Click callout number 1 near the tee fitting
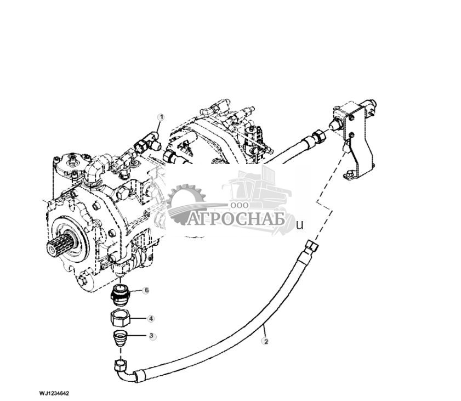coord(161,117)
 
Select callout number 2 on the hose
coord(266,341)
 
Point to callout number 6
coord(146,290)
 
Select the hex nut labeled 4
coord(120,318)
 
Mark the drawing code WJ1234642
coord(54,393)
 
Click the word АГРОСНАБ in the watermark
coord(237,219)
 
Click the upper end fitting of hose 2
coord(311,246)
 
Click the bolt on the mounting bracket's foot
coord(349,175)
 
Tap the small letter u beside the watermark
coord(299,224)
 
